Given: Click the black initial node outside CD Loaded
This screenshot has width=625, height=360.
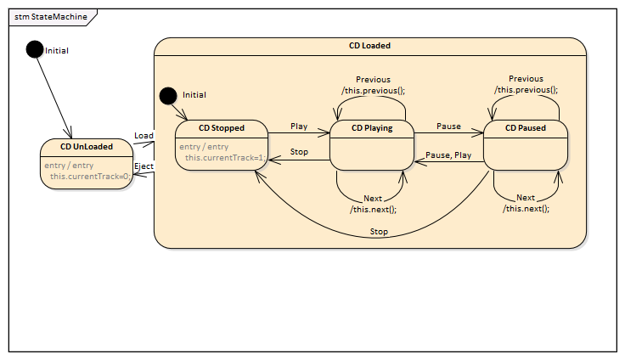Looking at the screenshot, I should point(34,49).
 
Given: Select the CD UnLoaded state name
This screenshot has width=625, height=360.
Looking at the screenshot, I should point(87,148).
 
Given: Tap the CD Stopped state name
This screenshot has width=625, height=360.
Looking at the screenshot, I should point(221,128).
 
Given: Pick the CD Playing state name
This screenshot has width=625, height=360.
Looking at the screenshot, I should point(372,128).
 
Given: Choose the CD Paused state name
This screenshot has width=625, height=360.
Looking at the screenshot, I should point(525,128).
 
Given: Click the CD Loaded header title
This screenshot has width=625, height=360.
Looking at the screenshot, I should point(370,46).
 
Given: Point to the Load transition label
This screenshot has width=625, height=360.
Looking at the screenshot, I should point(144,136).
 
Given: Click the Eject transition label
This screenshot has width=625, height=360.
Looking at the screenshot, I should point(144,166).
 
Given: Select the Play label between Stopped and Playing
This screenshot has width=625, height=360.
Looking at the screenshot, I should point(299,126).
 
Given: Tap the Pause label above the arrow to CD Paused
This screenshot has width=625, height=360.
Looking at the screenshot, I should point(448,126).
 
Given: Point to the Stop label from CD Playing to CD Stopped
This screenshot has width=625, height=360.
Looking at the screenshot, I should point(299,153).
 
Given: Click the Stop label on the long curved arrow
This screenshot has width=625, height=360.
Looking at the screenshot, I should point(379,231).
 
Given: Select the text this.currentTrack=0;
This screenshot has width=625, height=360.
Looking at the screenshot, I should point(90,176).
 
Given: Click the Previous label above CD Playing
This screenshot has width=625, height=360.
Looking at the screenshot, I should point(374,80).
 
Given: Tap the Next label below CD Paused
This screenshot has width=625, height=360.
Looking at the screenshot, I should point(526,198).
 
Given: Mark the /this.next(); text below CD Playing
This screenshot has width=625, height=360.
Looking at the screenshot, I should point(373,208).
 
